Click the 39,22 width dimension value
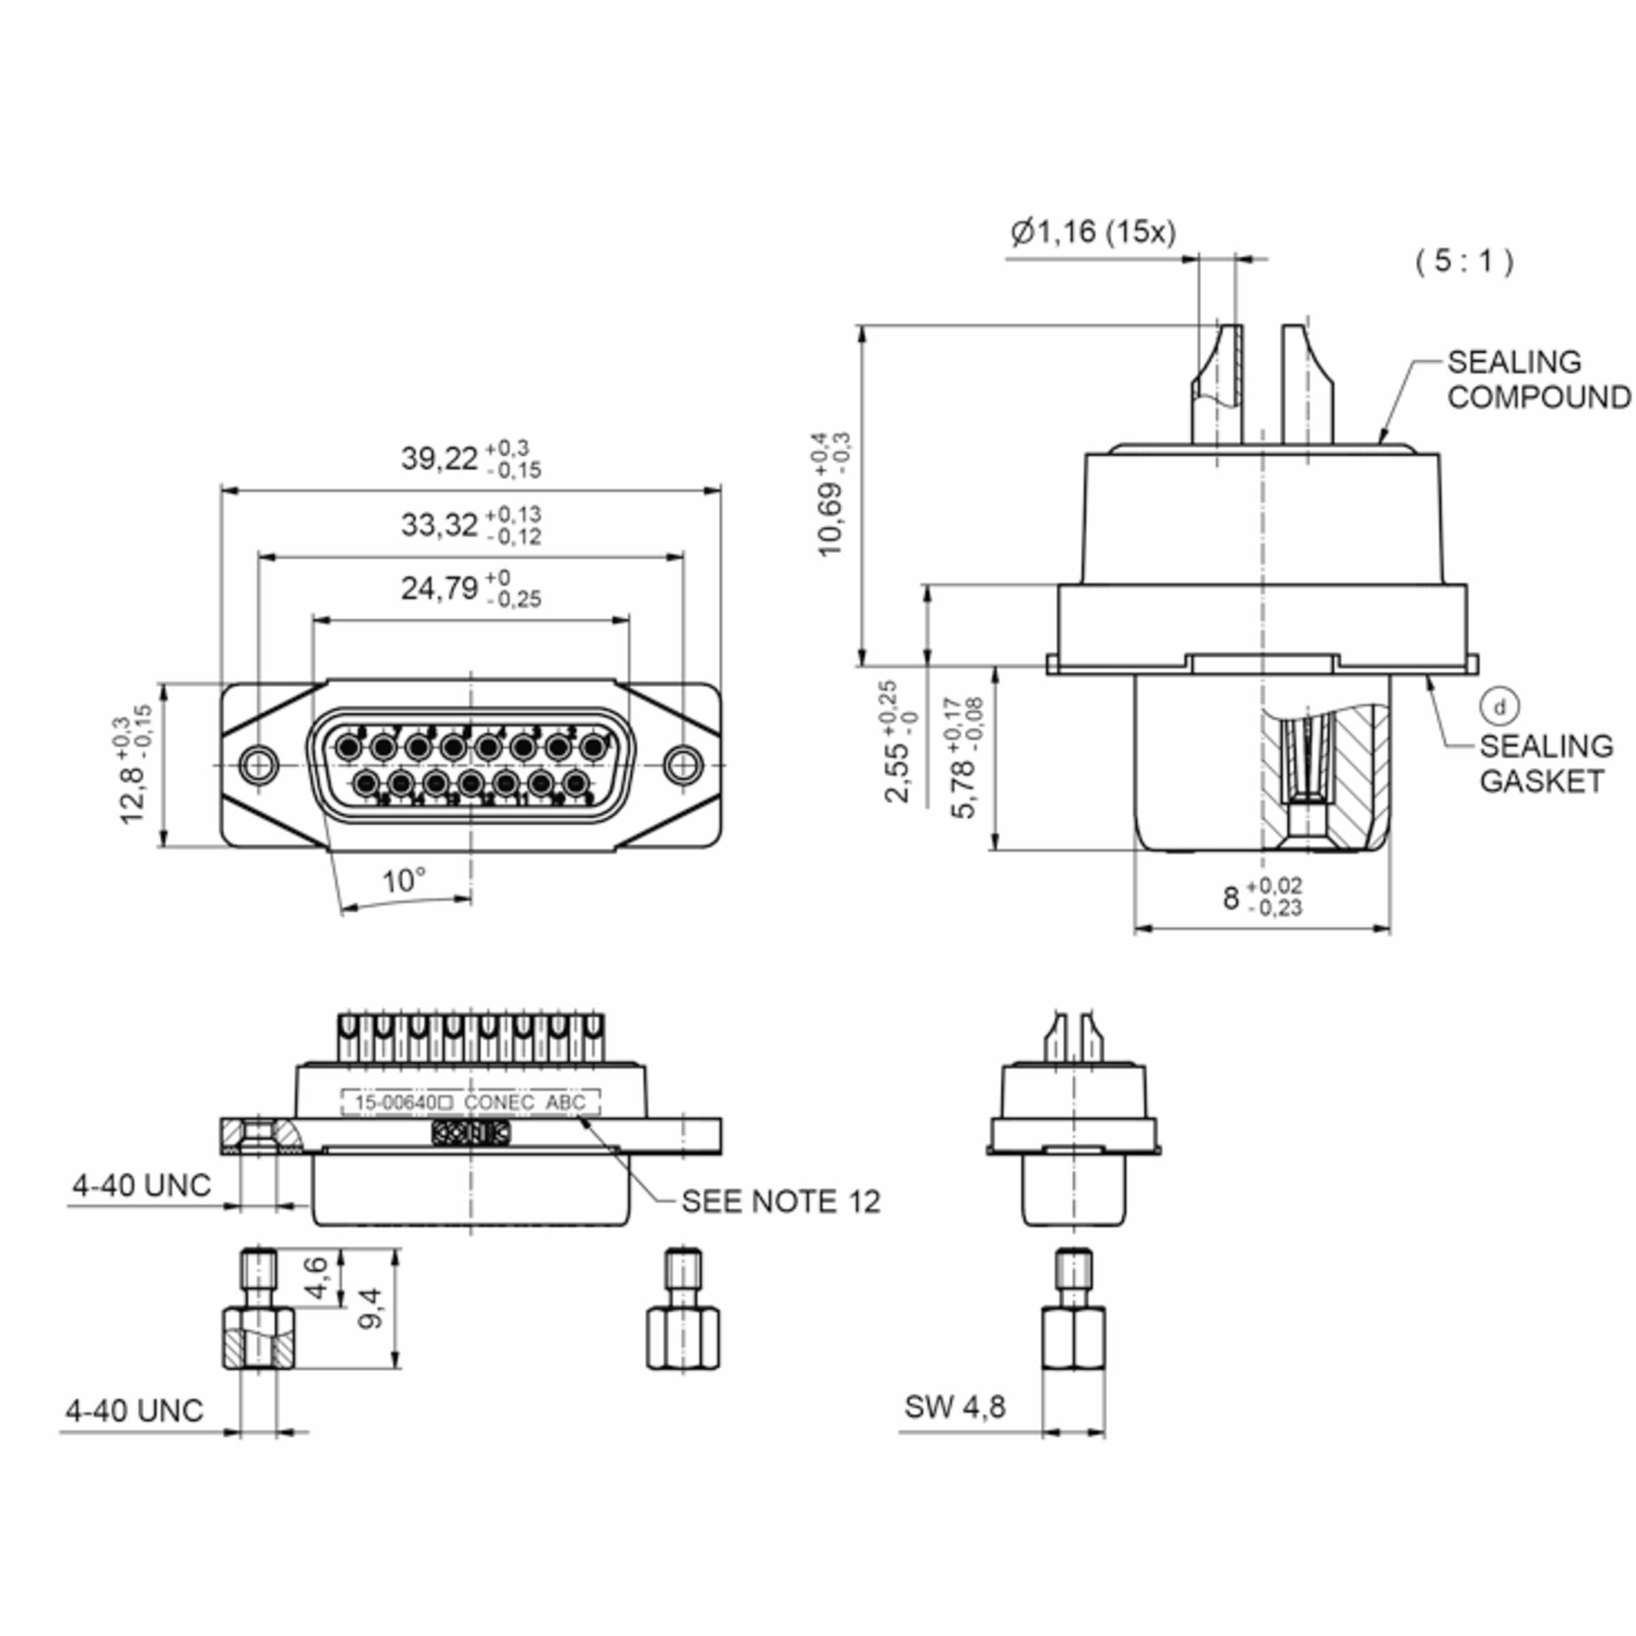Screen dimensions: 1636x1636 (x=440, y=459)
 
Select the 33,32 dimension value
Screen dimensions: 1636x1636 (x=440, y=525)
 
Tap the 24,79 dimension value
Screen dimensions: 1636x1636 (x=440, y=588)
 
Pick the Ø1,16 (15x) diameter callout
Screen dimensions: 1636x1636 (x=1093, y=231)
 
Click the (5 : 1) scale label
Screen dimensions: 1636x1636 (x=1464, y=261)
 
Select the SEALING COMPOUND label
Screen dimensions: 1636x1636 (x=1538, y=380)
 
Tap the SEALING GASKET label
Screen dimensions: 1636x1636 (x=1546, y=763)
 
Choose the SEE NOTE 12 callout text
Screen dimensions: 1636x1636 (x=781, y=1200)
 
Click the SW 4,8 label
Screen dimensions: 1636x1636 (x=954, y=1406)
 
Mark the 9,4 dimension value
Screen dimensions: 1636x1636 (x=370, y=1308)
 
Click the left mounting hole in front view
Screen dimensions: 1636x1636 (x=258, y=765)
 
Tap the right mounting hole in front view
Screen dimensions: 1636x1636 (x=682, y=765)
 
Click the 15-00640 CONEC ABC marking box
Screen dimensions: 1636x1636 (x=470, y=1102)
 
